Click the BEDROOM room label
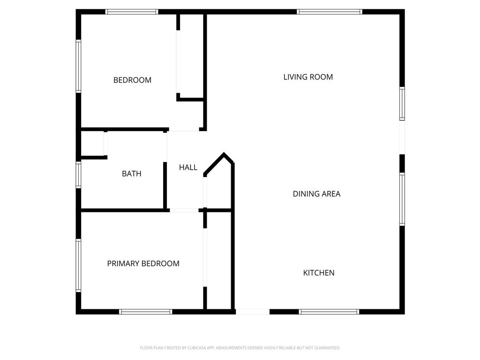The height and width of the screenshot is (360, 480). pyautogui.click(x=132, y=80)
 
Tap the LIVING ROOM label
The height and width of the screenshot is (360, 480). pyautogui.click(x=308, y=77)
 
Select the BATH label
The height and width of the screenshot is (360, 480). pyautogui.click(x=131, y=173)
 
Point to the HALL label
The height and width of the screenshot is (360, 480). pyautogui.click(x=188, y=167)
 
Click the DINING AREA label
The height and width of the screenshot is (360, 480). pyautogui.click(x=316, y=194)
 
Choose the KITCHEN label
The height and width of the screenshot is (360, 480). pyautogui.click(x=319, y=273)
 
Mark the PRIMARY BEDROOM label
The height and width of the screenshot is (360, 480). pyautogui.click(x=143, y=263)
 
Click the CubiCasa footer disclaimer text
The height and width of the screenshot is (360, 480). pyautogui.click(x=240, y=348)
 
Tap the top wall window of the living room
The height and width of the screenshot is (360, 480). pyautogui.click(x=330, y=12)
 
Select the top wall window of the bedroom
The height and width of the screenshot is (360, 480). pyautogui.click(x=132, y=12)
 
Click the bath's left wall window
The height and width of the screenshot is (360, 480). pyautogui.click(x=79, y=174)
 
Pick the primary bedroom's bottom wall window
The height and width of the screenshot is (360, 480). pyautogui.click(x=146, y=311)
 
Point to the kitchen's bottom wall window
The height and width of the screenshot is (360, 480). pyautogui.click(x=329, y=311)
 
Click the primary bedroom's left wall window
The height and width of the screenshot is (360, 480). pyautogui.click(x=79, y=265)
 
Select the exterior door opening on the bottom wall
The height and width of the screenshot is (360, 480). pyautogui.click(x=252, y=311)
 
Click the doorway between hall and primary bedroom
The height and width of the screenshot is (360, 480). pyautogui.click(x=184, y=210)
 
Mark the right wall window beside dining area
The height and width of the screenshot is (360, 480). pyautogui.click(x=402, y=199)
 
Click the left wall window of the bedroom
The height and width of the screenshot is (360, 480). pyautogui.click(x=79, y=66)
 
